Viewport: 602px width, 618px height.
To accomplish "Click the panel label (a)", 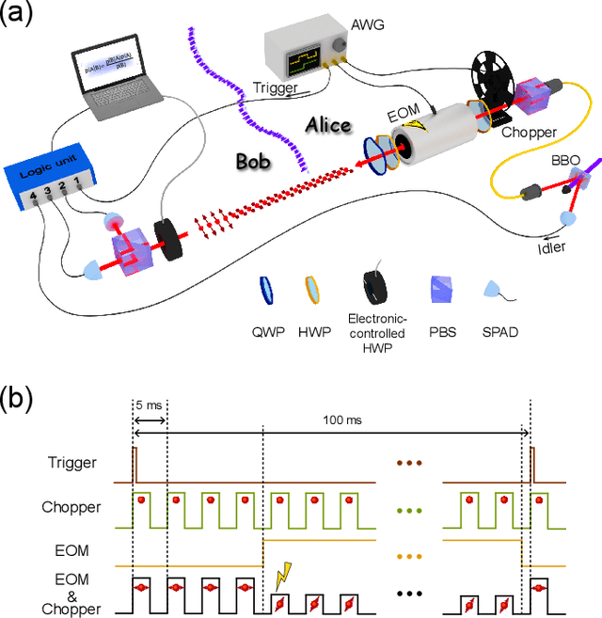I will [17, 16].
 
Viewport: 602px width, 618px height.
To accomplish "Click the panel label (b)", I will [17, 398].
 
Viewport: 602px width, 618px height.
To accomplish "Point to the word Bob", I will [252, 162].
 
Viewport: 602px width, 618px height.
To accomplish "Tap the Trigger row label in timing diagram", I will [71, 462].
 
